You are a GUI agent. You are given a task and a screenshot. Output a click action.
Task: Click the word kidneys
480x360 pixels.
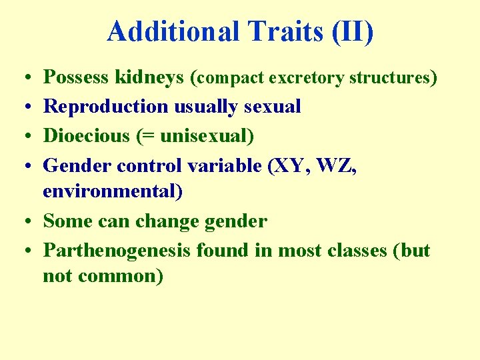(149, 78)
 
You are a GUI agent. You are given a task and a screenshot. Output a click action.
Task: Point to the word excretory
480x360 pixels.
(307, 78)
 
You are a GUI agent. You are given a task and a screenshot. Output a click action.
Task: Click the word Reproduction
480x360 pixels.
(106, 107)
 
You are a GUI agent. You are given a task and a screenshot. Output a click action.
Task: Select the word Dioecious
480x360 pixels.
(86, 135)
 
